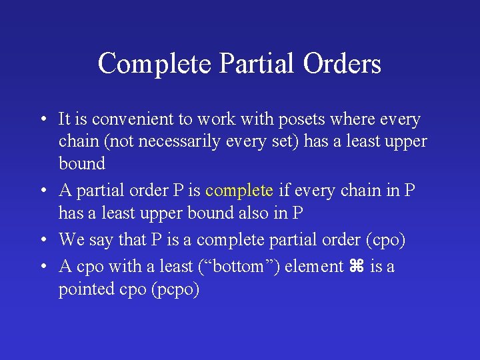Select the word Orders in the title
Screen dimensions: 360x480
(x=342, y=63)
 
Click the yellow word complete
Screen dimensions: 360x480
(x=239, y=191)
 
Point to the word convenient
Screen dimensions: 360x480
(x=133, y=119)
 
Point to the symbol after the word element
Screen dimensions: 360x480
(x=355, y=267)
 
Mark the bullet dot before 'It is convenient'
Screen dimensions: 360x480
(x=42, y=121)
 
